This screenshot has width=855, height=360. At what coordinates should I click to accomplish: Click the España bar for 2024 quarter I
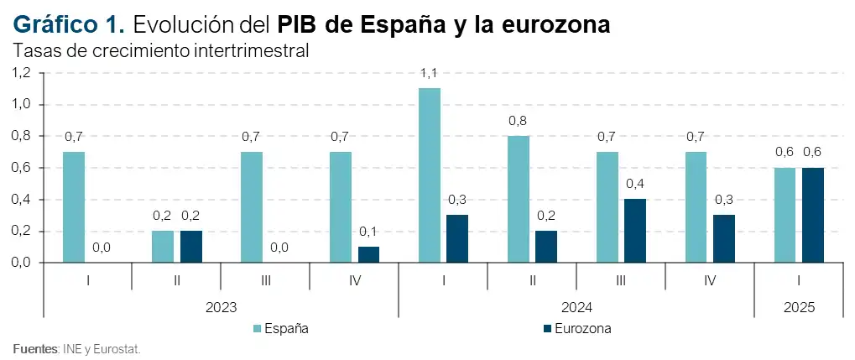430,175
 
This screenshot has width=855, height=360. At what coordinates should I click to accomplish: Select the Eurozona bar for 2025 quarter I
813,215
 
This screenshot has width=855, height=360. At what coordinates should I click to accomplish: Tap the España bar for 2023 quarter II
163,247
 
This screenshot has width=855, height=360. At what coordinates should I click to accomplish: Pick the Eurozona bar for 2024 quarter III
635,231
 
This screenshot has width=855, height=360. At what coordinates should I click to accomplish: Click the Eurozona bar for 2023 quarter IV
368,254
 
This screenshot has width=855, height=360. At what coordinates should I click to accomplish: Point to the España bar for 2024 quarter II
519,199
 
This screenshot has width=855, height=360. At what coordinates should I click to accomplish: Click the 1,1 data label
430,74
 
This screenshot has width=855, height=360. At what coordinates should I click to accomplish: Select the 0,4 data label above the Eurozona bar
635,184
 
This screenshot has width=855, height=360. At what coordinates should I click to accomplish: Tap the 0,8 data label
519,121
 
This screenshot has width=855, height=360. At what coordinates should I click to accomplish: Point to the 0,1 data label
368,232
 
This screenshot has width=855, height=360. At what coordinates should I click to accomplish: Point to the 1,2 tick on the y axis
20,73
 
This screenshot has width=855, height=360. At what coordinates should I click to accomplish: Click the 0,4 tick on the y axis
20,200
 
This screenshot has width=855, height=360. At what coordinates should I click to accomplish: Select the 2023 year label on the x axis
221,307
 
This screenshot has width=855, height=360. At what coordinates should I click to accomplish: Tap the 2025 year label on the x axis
798,307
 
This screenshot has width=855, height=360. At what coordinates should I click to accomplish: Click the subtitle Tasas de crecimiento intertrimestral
161,50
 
